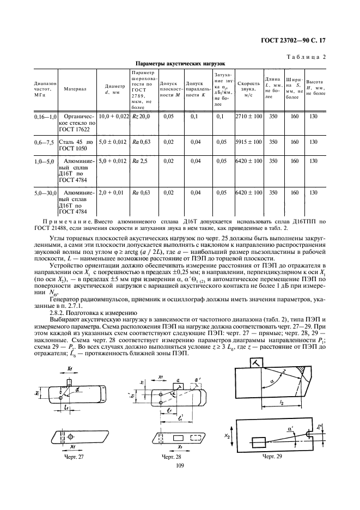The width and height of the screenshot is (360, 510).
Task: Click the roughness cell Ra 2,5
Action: pyautogui.click(x=141, y=162)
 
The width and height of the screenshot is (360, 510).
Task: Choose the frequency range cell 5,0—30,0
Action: pyautogui.click(x=45, y=192)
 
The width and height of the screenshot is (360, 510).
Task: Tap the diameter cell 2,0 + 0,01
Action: pyautogui.click(x=113, y=192)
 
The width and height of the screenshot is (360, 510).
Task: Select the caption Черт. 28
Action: pyautogui.click(x=172, y=456)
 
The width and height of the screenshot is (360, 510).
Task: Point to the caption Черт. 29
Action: pyautogui.click(x=272, y=456)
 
